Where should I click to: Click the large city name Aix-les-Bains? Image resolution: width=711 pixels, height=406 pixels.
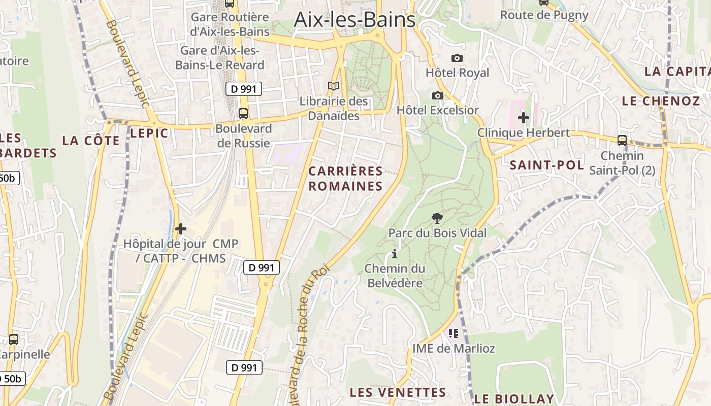tap(354, 20)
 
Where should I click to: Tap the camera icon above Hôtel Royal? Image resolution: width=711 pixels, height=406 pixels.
tap(457, 58)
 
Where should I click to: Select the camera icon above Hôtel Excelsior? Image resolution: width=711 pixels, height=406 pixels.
tap(437, 95)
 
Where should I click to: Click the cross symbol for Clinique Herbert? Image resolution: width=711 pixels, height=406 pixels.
tap(523, 118)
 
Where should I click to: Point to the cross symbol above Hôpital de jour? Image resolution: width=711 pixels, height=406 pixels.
tap(180, 229)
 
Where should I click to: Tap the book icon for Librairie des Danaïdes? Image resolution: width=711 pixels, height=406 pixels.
tap(333, 86)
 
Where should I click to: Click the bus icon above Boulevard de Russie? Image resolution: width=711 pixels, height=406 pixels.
tap(243, 113)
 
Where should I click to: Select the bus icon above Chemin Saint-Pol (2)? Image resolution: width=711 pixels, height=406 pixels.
tap(622, 141)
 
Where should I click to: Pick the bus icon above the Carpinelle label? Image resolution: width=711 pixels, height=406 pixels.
tap(14, 340)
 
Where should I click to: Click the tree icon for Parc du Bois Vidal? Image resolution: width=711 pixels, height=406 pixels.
tap(437, 218)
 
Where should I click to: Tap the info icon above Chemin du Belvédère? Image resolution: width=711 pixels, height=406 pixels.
tap(394, 254)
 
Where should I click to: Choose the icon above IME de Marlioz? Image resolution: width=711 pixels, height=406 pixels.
tap(454, 333)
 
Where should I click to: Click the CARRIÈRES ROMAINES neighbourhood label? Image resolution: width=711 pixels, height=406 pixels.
tap(345, 179)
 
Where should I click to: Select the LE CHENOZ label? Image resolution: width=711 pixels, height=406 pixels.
tap(661, 101)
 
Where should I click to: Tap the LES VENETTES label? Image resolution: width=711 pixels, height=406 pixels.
tap(398, 392)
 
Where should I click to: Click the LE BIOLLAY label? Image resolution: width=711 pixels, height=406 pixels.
tap(514, 398)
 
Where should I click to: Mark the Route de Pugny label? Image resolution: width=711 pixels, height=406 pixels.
tap(544, 15)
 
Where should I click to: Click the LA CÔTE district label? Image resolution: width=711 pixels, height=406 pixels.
tap(91, 141)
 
